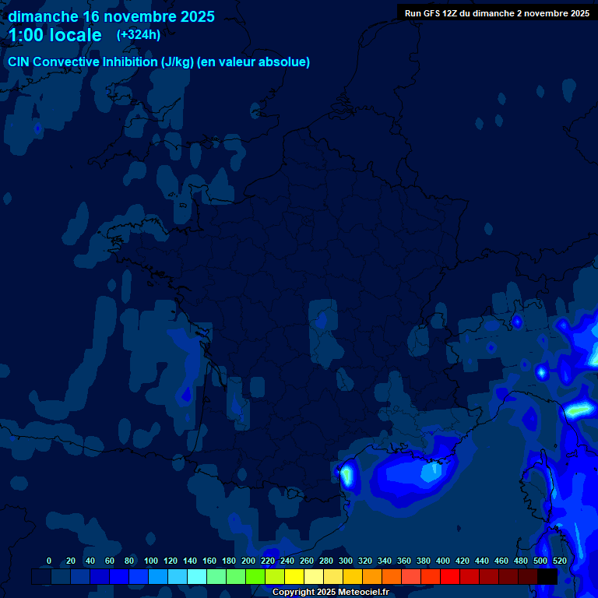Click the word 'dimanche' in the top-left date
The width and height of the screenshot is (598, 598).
coord(43,16)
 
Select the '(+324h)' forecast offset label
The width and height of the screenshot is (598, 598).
coord(139,34)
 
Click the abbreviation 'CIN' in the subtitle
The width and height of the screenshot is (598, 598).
coord(19,62)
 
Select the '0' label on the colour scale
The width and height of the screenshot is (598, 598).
coord(49,561)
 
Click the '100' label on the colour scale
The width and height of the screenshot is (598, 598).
coord(151,561)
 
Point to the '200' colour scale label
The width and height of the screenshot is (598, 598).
coord(248,561)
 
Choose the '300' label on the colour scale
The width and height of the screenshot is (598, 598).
coord(346,561)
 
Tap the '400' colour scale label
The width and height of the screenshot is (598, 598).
coord(443,561)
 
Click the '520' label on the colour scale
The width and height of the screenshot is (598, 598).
coord(559,561)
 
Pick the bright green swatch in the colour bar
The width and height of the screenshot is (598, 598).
coord(255,576)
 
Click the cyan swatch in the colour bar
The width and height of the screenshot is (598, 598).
coord(197,576)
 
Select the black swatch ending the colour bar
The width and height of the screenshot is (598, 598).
coord(547,576)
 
